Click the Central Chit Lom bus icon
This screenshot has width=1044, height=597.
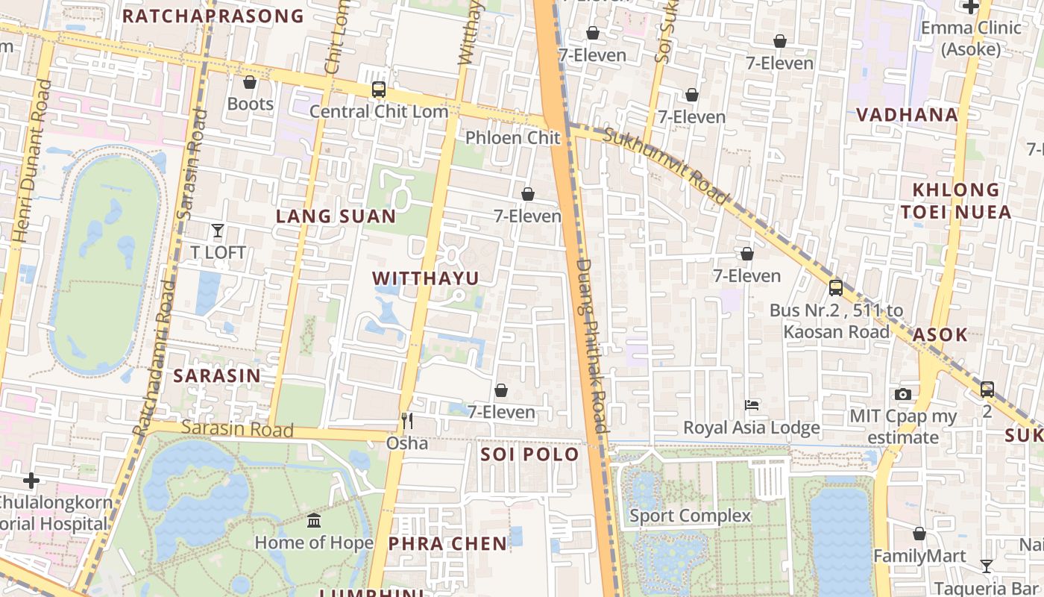(379, 90)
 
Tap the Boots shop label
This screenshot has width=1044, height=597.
(251, 104)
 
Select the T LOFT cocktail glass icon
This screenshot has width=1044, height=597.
(218, 231)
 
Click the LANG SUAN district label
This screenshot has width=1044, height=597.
(336, 216)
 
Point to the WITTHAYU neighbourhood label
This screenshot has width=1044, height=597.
(426, 278)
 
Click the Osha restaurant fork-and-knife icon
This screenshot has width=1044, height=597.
(407, 421)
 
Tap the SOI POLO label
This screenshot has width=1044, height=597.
(529, 454)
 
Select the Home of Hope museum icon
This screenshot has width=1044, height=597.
(314, 520)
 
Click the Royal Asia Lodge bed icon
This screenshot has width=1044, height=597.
(752, 405)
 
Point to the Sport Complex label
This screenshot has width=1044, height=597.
(690, 516)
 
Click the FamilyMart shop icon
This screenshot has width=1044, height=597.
(919, 534)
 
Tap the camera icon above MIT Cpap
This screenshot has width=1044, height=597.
(903, 394)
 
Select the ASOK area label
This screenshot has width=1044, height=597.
(940, 334)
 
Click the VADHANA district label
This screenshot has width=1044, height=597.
(907, 115)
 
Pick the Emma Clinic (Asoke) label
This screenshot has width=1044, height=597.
(970, 39)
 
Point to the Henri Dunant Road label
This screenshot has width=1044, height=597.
(32, 160)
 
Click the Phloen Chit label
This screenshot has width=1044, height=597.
(512, 137)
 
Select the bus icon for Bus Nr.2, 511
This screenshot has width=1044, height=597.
(836, 287)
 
